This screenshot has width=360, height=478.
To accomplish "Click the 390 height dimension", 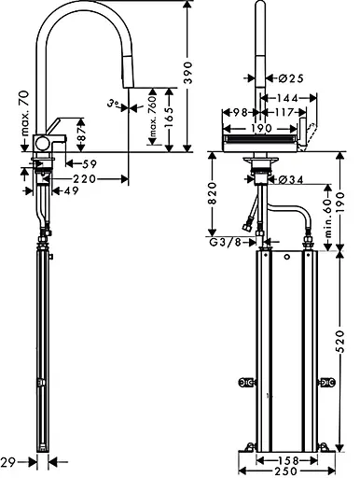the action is (188, 73).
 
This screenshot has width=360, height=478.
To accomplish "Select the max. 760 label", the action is (152, 118).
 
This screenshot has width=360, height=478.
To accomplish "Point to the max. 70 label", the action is (25, 114).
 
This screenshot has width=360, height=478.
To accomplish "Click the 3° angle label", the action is (114, 103).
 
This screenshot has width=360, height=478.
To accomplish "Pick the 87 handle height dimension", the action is (81, 134).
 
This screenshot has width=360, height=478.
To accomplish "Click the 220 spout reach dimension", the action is (84, 179).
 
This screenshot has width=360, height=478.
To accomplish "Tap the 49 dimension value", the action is (72, 190).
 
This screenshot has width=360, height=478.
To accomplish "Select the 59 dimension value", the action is (90, 163).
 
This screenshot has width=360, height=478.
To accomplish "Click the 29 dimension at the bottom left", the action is (8, 462).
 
